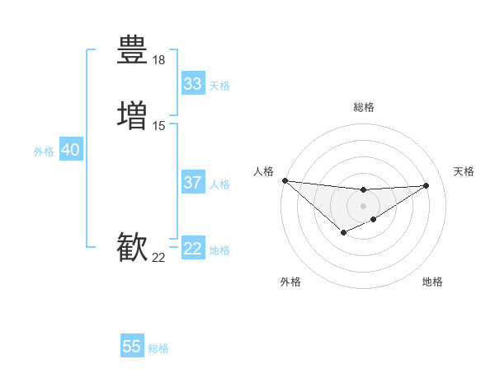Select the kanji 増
(133, 115)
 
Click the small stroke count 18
(159, 60)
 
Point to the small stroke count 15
(159, 126)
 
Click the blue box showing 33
(193, 84)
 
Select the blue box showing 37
(193, 183)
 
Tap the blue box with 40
(70, 150)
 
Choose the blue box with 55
(132, 347)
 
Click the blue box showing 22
(193, 249)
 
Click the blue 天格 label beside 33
(219, 86)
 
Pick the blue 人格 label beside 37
(219, 184)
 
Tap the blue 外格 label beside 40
(44, 152)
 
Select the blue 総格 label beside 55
(158, 348)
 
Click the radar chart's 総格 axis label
(363, 107)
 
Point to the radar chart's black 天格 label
(464, 171)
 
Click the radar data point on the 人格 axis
(285, 180)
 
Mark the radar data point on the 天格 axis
(427, 185)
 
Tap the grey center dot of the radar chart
(363, 205)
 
